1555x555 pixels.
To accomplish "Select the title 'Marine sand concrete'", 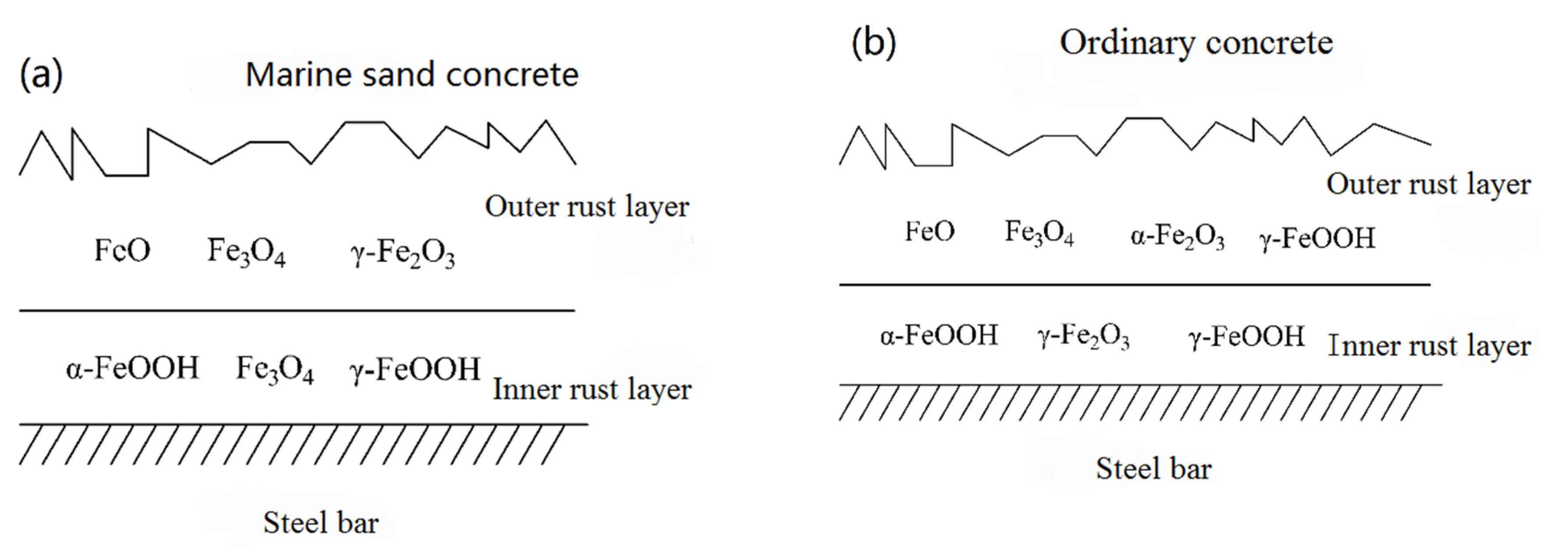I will pyautogui.click(x=412, y=75).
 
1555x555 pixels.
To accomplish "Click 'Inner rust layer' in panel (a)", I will pyautogui.click(x=592, y=390).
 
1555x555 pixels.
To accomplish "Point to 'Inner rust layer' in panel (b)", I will pyautogui.click(x=1429, y=346).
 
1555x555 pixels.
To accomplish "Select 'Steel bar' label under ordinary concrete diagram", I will pyautogui.click(x=1153, y=469).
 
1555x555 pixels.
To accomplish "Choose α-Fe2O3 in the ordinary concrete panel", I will pyautogui.click(x=1177, y=237).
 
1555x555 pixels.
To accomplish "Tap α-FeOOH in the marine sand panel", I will pyautogui.click(x=132, y=368).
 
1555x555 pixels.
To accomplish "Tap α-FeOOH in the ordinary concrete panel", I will pyautogui.click(x=939, y=336).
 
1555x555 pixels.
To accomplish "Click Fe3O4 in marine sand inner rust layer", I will pyautogui.click(x=275, y=370).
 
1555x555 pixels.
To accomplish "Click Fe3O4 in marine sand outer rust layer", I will pyautogui.click(x=246, y=251).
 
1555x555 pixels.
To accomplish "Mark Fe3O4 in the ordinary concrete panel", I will pyautogui.click(x=1039, y=232).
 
